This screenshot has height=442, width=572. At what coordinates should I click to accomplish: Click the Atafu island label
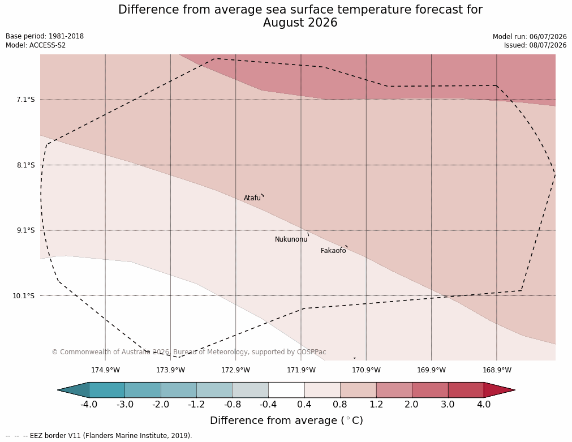pyautogui.click(x=252, y=198)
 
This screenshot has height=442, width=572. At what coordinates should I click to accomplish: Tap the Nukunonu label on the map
pyautogui.click(x=291, y=239)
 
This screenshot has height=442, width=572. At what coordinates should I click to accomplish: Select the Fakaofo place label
pyautogui.click(x=333, y=251)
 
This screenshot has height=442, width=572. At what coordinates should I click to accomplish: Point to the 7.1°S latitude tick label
pyautogui.click(x=25, y=100)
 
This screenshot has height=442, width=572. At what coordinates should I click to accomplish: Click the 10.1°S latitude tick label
pyautogui.click(x=24, y=295)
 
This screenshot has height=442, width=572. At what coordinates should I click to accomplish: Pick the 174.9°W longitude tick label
pyautogui.click(x=105, y=370)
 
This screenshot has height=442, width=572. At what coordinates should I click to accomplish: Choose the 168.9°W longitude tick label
pyautogui.click(x=497, y=370)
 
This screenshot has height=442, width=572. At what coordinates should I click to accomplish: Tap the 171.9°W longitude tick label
pyautogui.click(x=302, y=370)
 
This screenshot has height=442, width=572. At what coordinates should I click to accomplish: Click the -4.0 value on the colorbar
pyautogui.click(x=89, y=405)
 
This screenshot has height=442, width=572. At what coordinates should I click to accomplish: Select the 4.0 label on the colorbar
pyautogui.click(x=484, y=405)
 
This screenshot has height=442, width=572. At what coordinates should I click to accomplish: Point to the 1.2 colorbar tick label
pyautogui.click(x=376, y=405)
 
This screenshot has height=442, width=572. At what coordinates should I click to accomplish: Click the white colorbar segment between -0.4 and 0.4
pyautogui.click(x=286, y=390)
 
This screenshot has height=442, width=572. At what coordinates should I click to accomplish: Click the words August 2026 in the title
pyautogui.click(x=300, y=23)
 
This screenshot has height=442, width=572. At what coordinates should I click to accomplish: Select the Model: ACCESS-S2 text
pyautogui.click(x=36, y=45)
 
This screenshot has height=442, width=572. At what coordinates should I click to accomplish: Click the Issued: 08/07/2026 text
pyautogui.click(x=535, y=45)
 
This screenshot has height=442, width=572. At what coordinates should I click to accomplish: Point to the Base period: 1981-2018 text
pyautogui.click(x=45, y=36)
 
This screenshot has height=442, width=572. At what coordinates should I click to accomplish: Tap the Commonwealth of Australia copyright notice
pyautogui.click(x=189, y=352)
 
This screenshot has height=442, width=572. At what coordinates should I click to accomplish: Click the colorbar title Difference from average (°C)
pyautogui.click(x=286, y=420)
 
